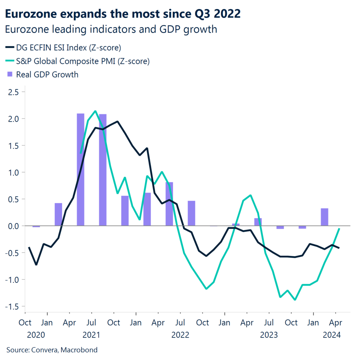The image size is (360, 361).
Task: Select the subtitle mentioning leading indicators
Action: (111, 29)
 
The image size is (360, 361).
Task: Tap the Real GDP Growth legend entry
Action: (47, 74)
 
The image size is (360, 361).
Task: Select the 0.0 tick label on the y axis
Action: (13, 226)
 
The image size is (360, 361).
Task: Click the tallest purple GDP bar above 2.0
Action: (80, 169)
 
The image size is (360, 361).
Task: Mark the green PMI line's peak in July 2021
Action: (95, 111)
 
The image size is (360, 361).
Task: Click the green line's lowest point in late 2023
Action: (295, 300)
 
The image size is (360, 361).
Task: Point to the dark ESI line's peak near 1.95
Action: (117, 122)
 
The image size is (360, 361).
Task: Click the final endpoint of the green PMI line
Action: (339, 229)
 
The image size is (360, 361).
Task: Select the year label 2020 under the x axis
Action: (36, 335)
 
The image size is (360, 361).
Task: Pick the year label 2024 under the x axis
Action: (331, 335)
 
